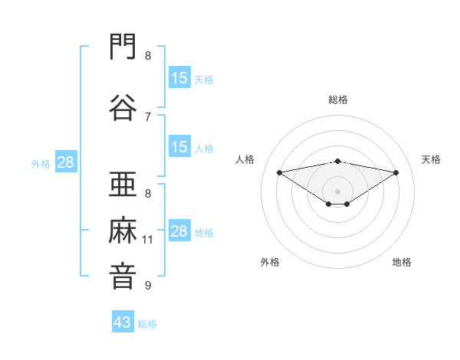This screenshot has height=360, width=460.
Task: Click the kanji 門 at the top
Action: point(123,46)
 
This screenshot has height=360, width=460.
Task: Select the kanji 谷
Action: point(123,107)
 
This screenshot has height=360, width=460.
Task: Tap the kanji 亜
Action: point(123,184)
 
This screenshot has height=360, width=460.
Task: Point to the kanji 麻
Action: point(123,230)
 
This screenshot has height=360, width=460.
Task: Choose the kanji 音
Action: point(123,277)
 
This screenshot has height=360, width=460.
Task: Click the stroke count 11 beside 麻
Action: point(147,240)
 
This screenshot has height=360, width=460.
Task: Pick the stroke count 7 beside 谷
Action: point(148,117)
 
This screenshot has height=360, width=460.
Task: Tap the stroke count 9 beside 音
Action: point(148,285)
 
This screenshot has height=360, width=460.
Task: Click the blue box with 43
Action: point(123,321)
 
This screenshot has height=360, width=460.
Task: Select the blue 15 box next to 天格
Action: point(179,77)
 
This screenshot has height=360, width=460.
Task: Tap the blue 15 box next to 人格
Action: point(179,146)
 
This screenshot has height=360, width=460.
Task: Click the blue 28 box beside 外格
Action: point(66,162)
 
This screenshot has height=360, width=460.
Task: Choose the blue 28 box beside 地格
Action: point(179,230)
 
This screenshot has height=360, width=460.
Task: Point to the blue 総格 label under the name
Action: point(147,324)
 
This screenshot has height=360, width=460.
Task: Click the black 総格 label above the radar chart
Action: point(338,100)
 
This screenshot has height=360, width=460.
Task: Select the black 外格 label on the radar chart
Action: point(270,262)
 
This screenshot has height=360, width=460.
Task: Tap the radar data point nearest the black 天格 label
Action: point(396,172)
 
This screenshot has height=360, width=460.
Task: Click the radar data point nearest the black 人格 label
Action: point(280,172)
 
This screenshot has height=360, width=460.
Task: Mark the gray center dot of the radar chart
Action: point(337,191)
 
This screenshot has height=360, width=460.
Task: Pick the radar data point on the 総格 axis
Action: point(338,162)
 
